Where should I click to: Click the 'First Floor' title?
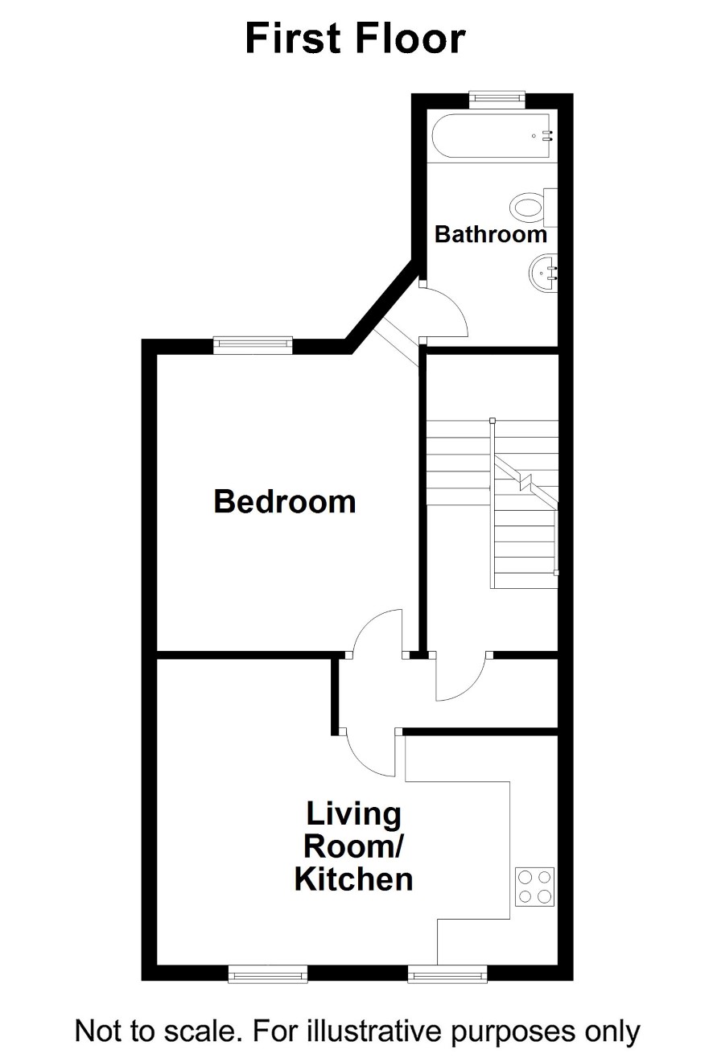[x=355, y=39]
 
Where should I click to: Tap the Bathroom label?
[x=491, y=234]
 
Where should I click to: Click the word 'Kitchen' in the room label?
[x=353, y=879]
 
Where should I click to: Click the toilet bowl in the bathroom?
[x=526, y=208]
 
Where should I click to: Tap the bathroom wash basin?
[x=543, y=274]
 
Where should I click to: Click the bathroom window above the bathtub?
[x=497, y=97]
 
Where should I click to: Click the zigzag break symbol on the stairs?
[x=525, y=481]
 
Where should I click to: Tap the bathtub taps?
[x=549, y=136]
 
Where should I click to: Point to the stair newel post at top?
[x=492, y=420]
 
